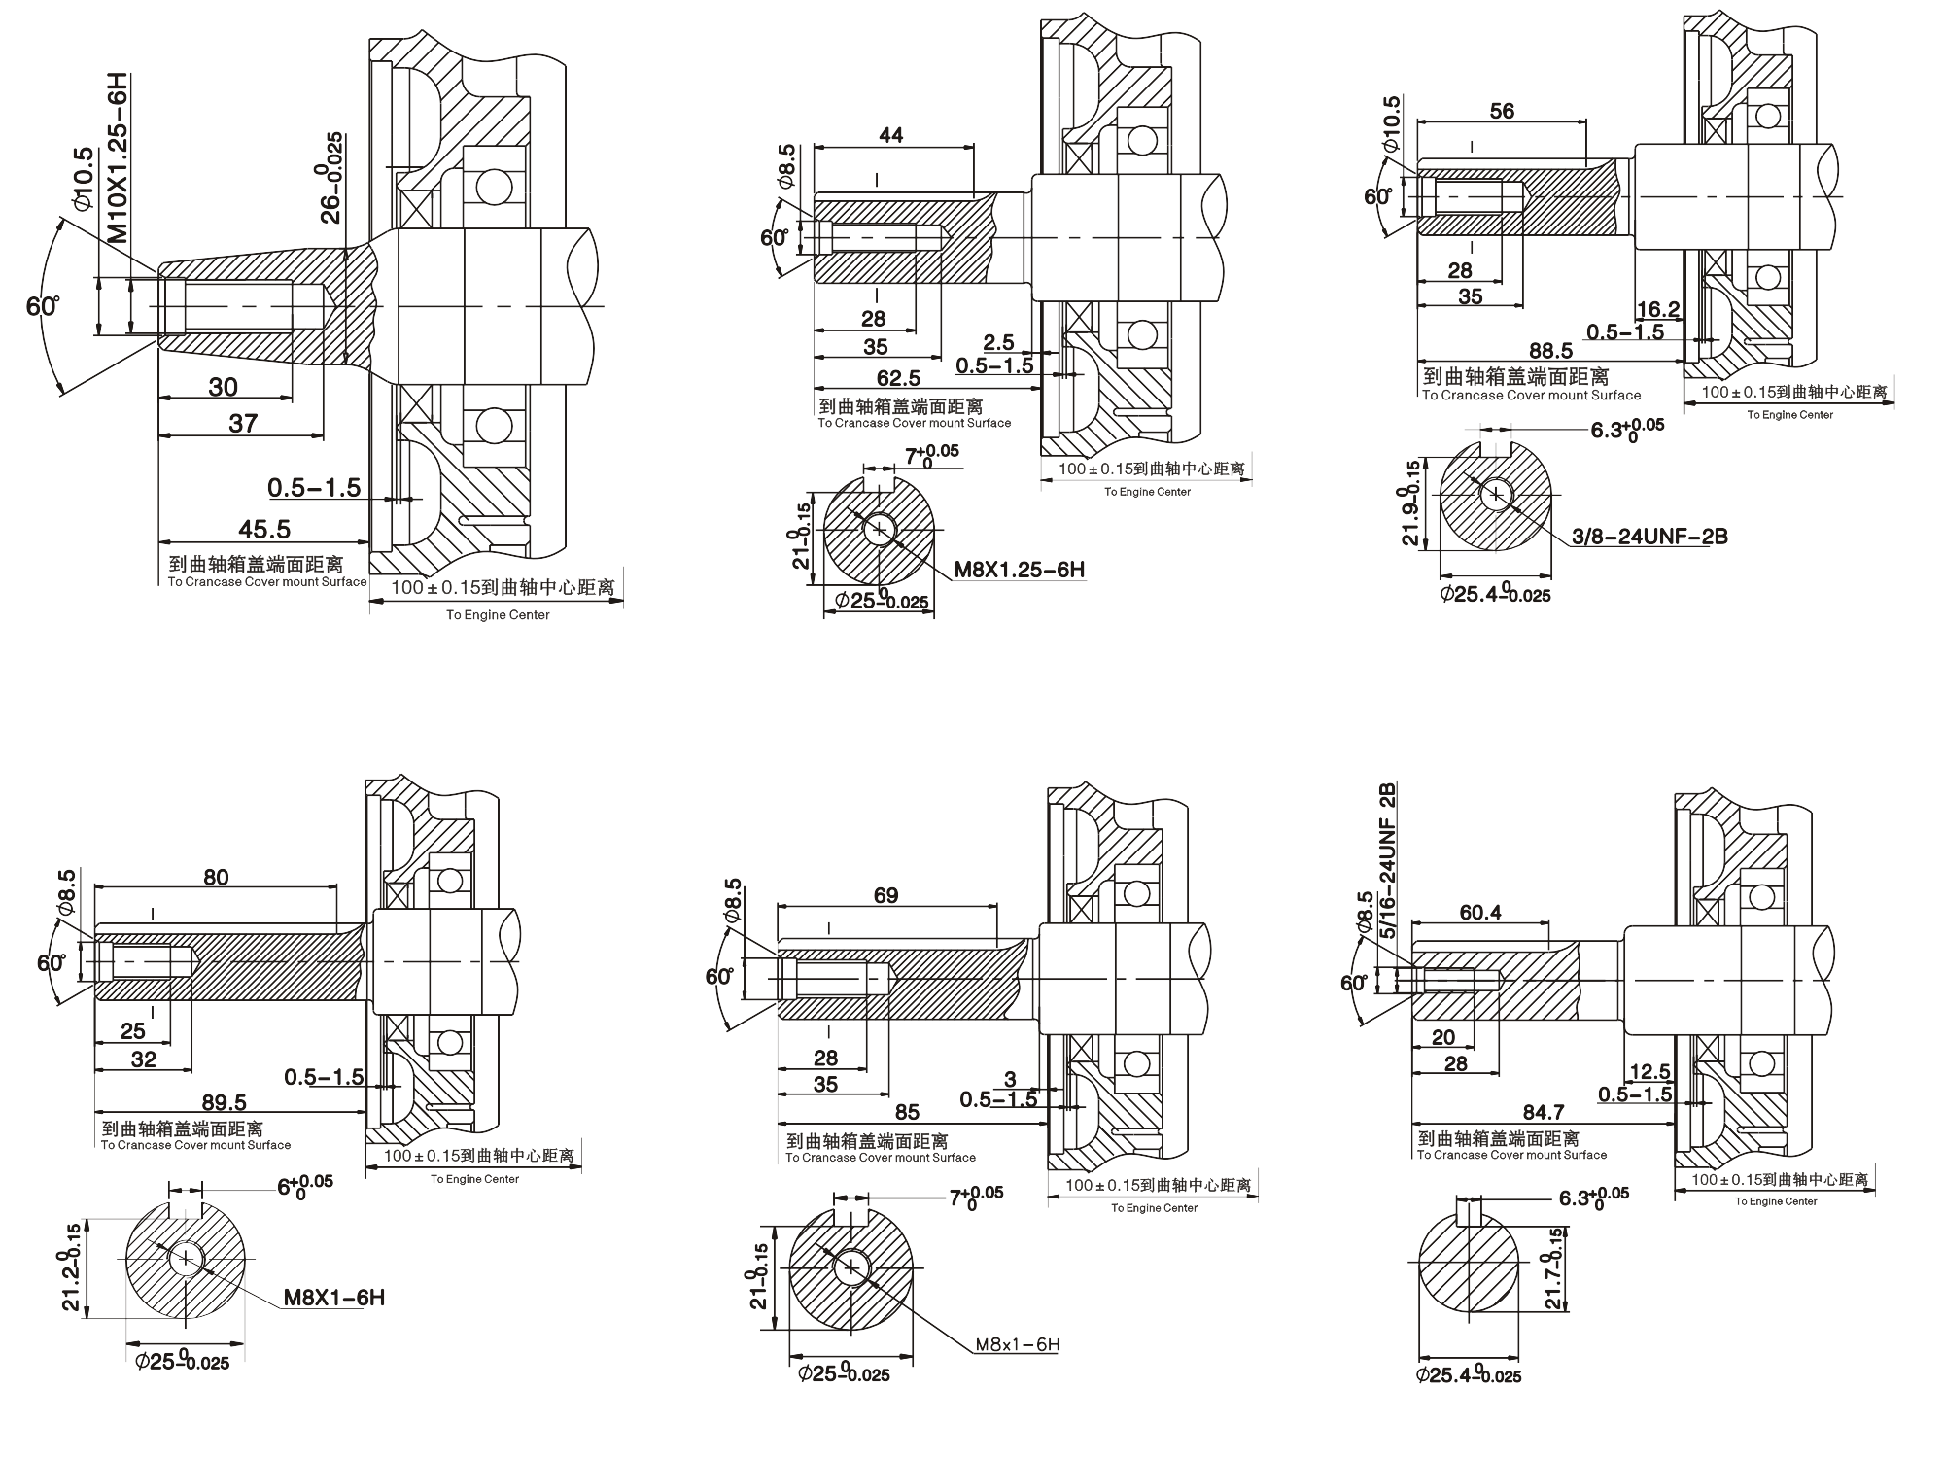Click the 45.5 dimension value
pos(264,529)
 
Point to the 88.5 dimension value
pos(1550,351)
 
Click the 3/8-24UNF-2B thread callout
pos(1649,536)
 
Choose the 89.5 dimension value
pos(224,1102)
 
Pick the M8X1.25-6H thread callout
pos(1019,569)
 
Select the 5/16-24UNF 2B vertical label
pos(1387,859)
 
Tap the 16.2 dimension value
pos(1658,309)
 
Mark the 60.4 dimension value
pos(1480,912)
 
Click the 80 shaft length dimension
pos(216,877)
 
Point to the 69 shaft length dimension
pos(885,895)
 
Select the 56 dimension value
pos(1502,111)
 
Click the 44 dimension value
pos(890,135)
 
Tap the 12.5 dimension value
pos(1649,1071)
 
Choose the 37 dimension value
pos(243,422)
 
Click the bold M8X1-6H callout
pos(333,1298)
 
